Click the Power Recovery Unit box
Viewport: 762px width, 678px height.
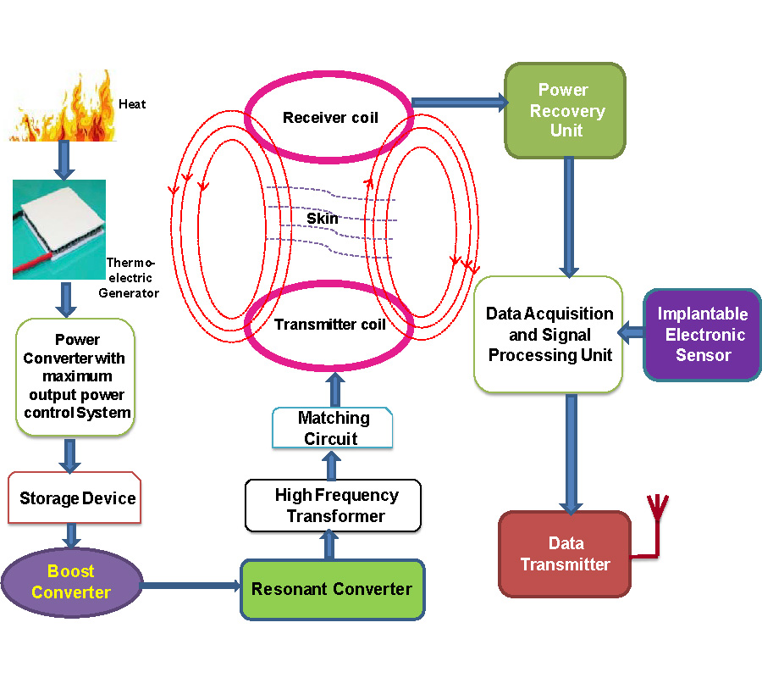coord(565,110)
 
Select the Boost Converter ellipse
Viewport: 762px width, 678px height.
coord(71,582)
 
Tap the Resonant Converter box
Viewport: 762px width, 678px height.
coord(332,589)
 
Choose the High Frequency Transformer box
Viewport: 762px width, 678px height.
coord(333,505)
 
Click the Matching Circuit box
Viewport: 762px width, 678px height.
coord(332,428)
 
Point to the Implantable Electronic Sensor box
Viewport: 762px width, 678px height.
coord(702,335)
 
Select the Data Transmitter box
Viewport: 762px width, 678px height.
coord(565,554)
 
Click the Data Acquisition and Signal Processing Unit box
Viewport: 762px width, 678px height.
coord(549,335)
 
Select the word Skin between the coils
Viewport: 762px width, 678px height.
coord(323,219)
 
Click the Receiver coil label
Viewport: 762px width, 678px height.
coord(330,117)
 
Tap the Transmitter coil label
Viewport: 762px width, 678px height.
coord(329,325)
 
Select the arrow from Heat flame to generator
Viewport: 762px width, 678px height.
coord(63,160)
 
